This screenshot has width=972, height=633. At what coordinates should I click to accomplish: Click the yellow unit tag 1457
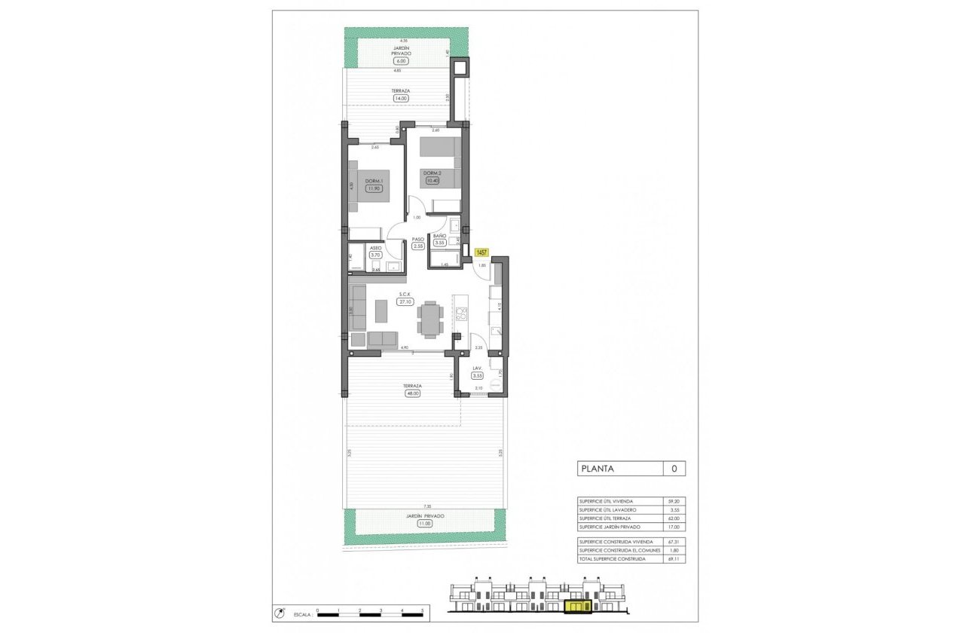481,253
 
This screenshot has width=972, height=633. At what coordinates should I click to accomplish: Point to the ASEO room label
375,247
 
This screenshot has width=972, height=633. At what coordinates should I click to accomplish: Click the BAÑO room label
439,236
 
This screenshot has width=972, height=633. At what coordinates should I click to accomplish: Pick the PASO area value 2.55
418,246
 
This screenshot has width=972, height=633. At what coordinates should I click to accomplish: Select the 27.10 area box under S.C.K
405,301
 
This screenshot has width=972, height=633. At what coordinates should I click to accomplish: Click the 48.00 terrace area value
411,393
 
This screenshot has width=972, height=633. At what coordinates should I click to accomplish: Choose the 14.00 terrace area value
400,98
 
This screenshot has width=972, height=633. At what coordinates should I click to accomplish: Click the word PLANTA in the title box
597,469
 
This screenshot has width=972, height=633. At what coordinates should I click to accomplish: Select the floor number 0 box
674,469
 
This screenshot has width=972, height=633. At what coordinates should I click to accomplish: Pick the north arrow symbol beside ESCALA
280,613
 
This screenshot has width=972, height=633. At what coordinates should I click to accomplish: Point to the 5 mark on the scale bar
423,610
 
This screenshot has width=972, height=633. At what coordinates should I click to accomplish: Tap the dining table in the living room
430,319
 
